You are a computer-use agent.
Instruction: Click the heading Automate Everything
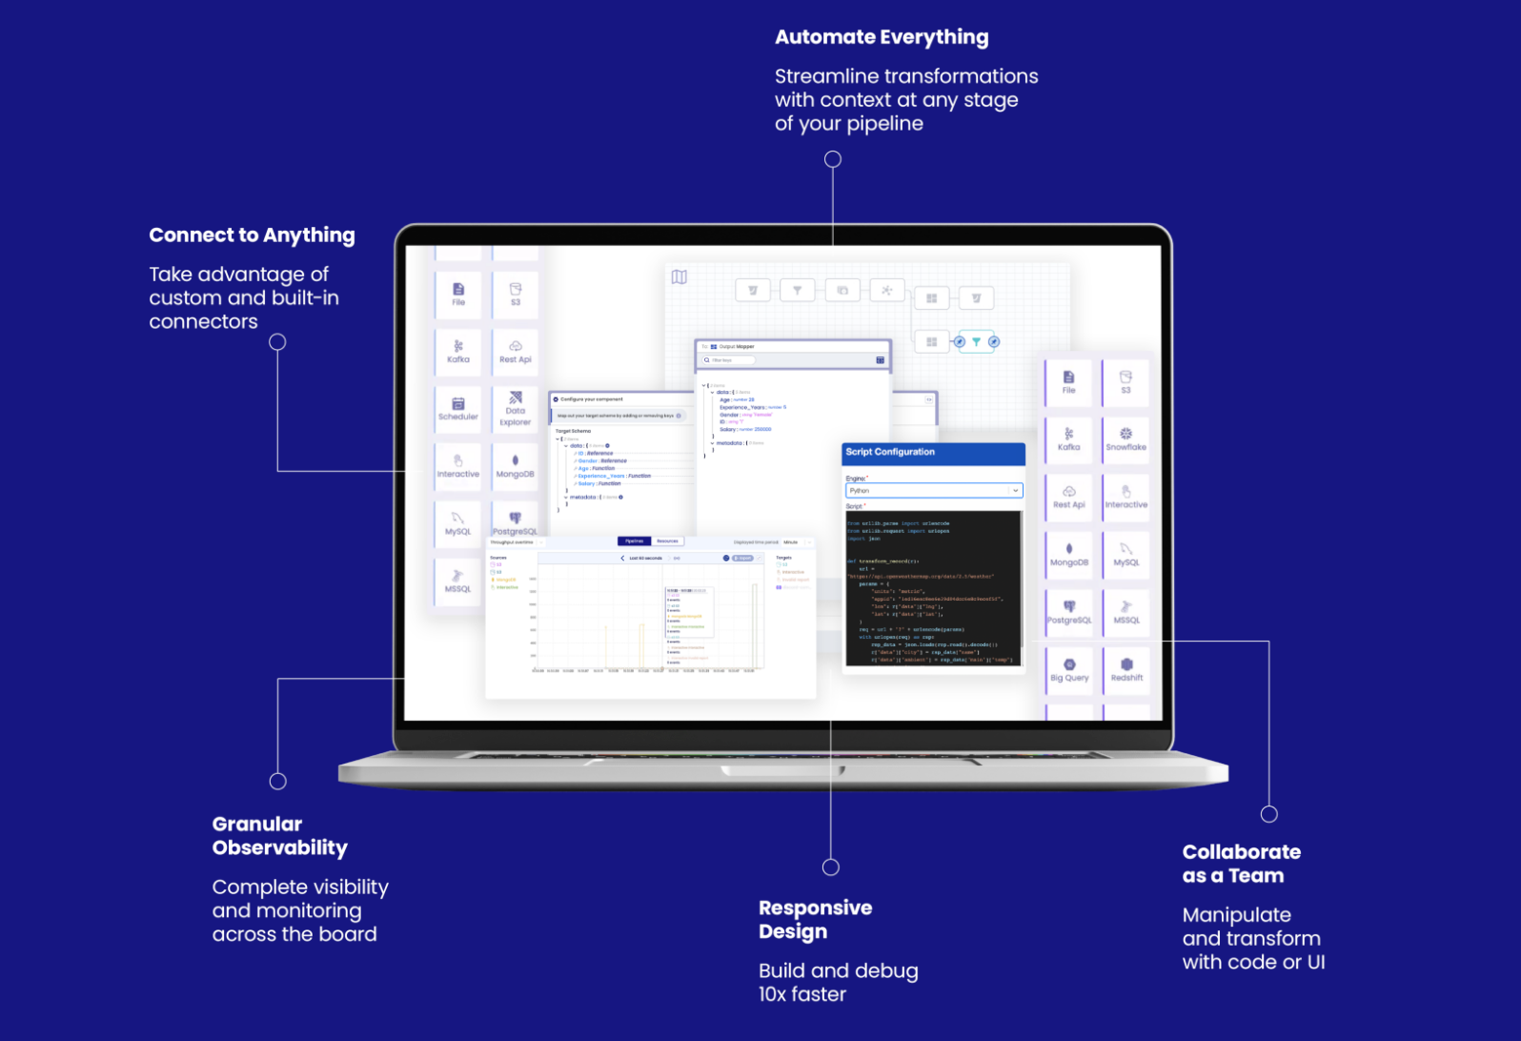[882, 37]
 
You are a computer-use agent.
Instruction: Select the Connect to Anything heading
[252, 235]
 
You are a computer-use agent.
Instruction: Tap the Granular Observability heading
[279, 836]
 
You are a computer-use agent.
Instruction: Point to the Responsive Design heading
[815, 920]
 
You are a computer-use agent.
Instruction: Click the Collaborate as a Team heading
[1241, 864]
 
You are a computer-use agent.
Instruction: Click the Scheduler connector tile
[458, 409]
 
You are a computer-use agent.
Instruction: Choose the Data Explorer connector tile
[516, 409]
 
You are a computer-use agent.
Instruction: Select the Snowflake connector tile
[1126, 439]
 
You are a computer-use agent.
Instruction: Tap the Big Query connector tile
[1069, 670]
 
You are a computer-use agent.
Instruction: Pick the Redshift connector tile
[1126, 670]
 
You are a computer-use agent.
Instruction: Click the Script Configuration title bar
[933, 453]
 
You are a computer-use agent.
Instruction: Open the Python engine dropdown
[933, 491]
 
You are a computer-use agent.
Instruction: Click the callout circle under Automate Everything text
[833, 159]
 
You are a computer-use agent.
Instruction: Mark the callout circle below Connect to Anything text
[277, 342]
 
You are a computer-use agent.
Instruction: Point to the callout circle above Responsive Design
[831, 867]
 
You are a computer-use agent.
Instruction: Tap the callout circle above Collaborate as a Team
[1269, 814]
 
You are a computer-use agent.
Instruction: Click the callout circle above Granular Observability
[278, 782]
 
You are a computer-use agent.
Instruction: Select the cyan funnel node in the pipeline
[976, 341]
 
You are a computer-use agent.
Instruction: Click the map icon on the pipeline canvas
[679, 277]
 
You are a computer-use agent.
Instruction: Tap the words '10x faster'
[802, 995]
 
